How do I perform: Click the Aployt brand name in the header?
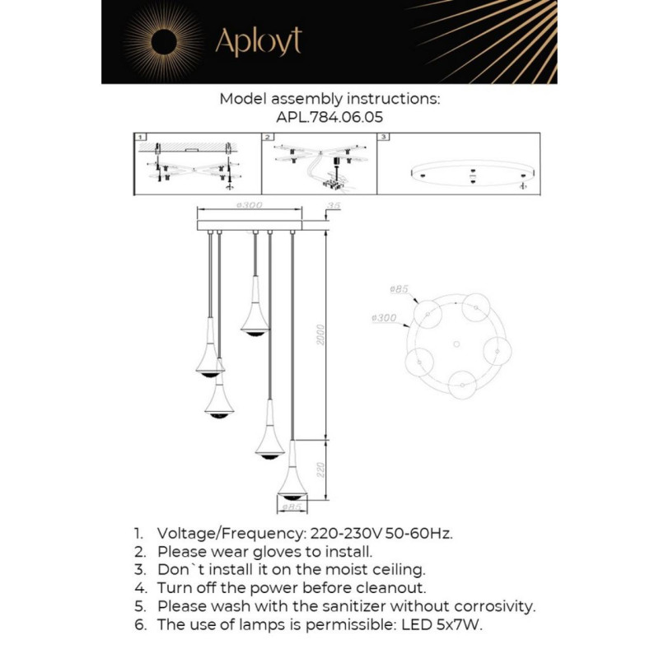tap(258, 41)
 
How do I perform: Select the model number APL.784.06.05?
tap(329, 117)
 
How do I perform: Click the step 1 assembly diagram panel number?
tap(141, 138)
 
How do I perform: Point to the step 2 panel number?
tap(268, 138)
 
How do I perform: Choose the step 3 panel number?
tap(381, 138)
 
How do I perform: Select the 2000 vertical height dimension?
tap(323, 334)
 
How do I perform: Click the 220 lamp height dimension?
tap(323, 469)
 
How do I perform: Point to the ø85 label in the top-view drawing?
tap(399, 290)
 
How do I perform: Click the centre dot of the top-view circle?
tap(456, 343)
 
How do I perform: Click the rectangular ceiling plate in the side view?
tap(249, 224)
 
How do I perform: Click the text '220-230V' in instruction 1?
tap(340, 533)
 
